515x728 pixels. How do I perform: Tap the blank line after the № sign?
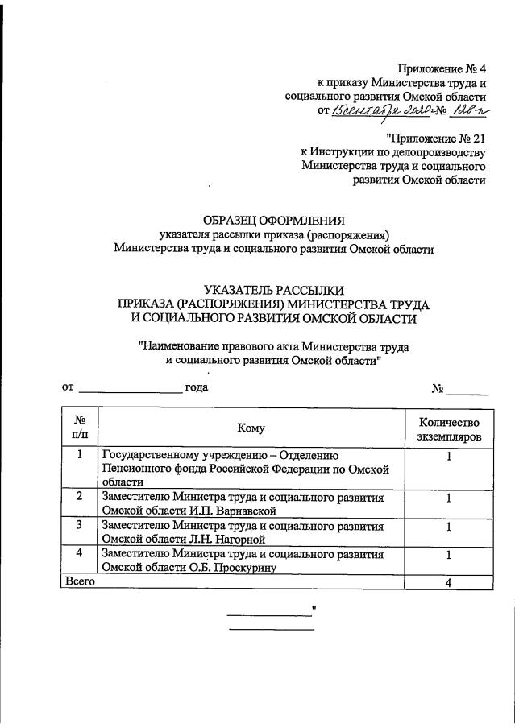[467, 389]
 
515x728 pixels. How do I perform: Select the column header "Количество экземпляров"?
[448, 429]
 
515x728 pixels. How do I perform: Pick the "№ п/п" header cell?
[80, 428]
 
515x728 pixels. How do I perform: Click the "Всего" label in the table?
[79, 581]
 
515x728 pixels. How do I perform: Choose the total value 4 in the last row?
[448, 583]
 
